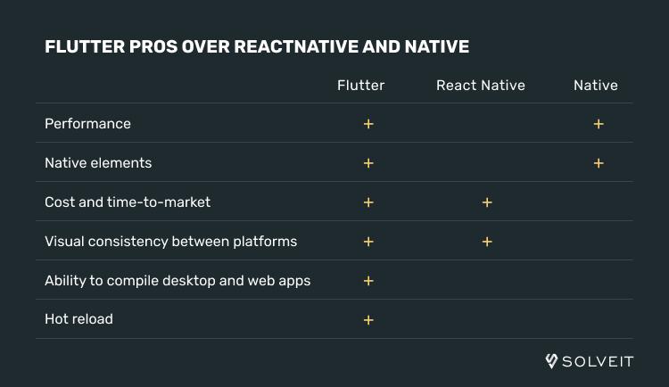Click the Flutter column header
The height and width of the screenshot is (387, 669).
click(x=361, y=86)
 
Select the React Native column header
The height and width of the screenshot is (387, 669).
click(x=481, y=86)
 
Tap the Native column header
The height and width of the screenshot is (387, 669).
click(x=596, y=86)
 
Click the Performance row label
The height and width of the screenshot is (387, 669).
click(x=88, y=124)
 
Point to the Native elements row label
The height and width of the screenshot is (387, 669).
click(x=98, y=163)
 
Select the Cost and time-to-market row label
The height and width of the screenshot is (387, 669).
click(x=128, y=202)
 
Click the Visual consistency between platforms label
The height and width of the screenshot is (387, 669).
click(x=170, y=242)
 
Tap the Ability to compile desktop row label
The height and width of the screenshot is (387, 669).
click(x=178, y=281)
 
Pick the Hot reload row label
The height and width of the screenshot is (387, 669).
click(x=78, y=319)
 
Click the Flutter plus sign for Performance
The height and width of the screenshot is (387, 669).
click(x=368, y=124)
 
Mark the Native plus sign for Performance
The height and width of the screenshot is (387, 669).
click(x=599, y=124)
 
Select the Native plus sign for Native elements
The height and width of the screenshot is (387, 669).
click(x=599, y=163)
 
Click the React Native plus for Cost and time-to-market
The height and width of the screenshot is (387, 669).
click(x=487, y=202)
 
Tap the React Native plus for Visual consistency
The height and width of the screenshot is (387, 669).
click(x=487, y=242)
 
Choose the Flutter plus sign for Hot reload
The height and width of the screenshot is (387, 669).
click(x=368, y=320)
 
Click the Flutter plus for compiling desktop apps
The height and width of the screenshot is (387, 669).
click(x=368, y=281)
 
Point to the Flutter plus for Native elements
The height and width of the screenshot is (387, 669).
click(x=368, y=163)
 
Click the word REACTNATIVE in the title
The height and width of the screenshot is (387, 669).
click(x=296, y=46)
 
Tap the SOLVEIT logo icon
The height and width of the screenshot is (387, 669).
click(x=551, y=361)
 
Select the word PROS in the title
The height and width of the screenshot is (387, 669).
click(x=153, y=46)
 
